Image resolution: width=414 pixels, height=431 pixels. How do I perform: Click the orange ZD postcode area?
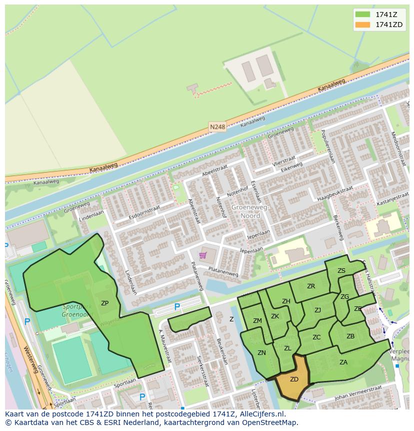coord(294,379)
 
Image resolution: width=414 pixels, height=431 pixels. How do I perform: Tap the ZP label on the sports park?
coord(104,303)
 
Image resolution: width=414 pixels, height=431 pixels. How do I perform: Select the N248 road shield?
coord(217,127)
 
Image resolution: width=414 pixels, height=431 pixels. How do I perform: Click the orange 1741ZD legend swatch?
coord(362,25)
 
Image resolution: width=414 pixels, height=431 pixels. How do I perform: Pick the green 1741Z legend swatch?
coord(362,14)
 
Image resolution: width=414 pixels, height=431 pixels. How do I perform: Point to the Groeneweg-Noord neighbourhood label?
coord(250,211)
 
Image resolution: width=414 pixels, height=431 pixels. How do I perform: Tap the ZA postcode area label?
coord(343,362)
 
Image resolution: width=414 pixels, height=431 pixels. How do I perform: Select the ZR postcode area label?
coord(311,286)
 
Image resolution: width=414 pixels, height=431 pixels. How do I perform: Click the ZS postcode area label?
coord(341,271)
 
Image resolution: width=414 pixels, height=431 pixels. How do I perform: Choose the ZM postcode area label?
coord(257,321)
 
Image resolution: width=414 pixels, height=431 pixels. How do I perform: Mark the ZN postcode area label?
coord(261,353)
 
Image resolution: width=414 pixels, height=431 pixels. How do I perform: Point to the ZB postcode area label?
coord(350,336)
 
